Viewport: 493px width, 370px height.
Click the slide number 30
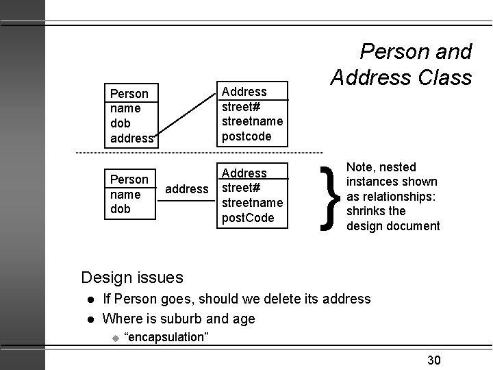434,360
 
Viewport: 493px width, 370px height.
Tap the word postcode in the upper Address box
246,136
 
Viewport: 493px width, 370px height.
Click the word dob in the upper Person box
120,123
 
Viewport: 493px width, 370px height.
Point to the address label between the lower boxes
188,188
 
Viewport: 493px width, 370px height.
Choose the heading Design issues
132,277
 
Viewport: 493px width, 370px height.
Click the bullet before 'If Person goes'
90,299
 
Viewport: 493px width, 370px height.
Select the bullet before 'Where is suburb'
90,319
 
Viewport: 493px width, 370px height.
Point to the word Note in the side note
360,166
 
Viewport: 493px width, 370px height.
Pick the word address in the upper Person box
131,138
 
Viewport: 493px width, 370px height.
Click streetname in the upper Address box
253,121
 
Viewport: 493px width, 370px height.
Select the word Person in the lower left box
129,180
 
